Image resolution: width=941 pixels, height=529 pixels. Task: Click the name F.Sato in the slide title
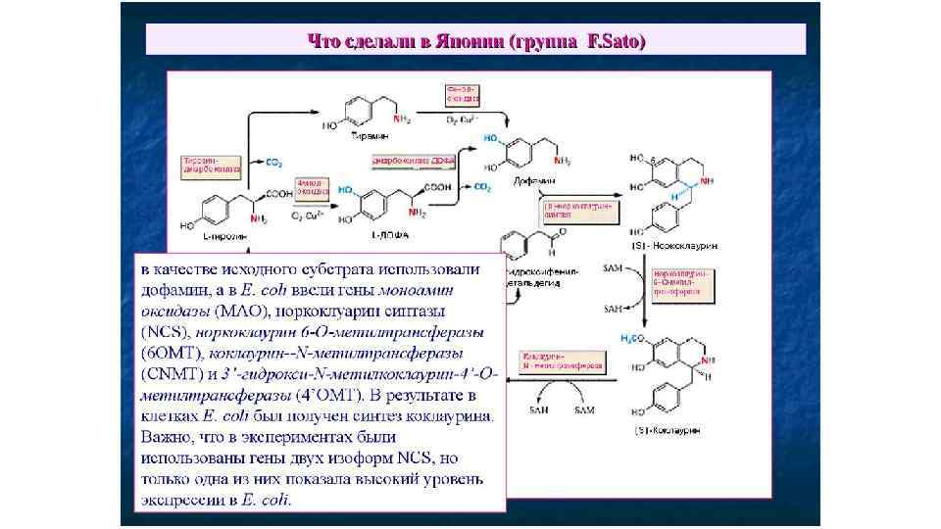(x=616, y=40)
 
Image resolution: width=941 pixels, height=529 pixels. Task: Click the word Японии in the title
(x=464, y=40)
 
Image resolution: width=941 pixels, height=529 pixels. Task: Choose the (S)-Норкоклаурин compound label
(x=670, y=243)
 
